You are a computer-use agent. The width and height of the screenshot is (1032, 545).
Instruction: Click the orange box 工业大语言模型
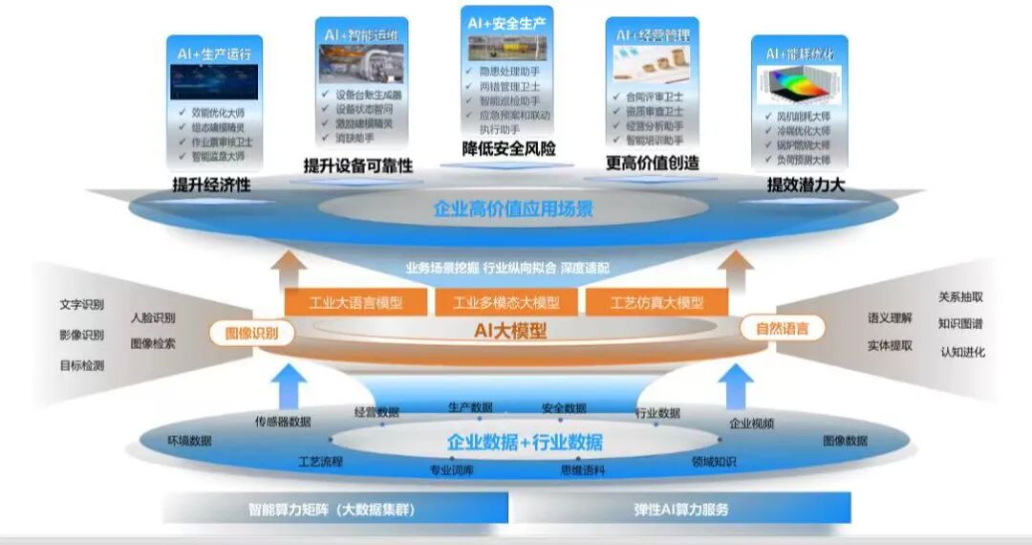point(355,303)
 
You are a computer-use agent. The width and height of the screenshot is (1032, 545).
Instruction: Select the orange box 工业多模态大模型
point(506,303)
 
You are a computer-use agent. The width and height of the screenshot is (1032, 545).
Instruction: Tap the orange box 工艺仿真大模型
point(656,303)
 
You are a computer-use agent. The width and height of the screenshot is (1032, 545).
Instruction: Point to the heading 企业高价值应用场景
point(513,208)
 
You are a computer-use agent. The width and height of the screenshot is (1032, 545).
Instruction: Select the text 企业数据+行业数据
point(525,442)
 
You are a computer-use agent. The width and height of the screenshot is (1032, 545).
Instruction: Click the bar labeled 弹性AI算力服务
point(681,509)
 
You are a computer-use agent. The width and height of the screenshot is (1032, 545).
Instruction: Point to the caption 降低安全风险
point(508,149)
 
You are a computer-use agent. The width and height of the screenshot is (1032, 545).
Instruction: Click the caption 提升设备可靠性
point(357,165)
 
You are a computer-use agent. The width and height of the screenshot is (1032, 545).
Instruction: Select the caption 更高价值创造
point(653,163)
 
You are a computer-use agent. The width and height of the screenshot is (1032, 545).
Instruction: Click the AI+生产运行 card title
point(214,54)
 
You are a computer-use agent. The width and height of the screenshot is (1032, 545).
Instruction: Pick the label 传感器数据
point(282,422)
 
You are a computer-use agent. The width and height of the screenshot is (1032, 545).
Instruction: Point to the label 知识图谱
point(960,324)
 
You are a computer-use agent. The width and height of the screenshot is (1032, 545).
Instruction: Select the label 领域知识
point(714,462)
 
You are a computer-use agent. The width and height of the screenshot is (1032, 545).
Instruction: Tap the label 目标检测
point(81,365)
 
